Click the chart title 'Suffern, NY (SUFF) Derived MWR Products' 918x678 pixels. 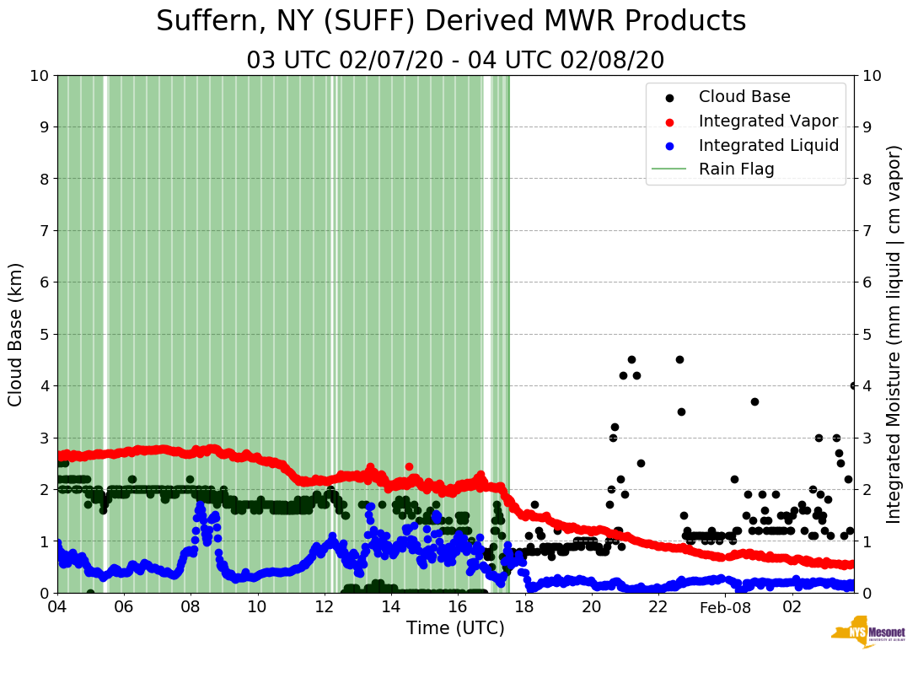coord(451,22)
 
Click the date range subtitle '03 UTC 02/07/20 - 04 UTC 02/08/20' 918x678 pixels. coord(455,61)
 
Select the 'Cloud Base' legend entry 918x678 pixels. coord(744,97)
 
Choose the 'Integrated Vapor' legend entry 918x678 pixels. coord(768,121)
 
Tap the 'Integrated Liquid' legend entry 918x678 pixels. coord(768,145)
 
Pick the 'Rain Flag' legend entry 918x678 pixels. coord(736,169)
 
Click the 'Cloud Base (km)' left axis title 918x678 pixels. coord(16,334)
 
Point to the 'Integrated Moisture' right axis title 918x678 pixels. coord(894,334)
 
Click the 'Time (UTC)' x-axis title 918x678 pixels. coord(455,628)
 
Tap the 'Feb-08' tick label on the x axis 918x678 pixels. coord(725,607)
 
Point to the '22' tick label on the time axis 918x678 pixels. coord(658,607)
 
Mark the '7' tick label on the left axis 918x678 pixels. coord(43,230)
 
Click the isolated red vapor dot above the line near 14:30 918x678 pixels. coord(409,466)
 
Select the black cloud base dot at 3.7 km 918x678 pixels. coord(754,401)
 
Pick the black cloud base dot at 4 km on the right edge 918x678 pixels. coord(853,385)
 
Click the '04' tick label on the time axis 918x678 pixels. coord(57,607)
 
